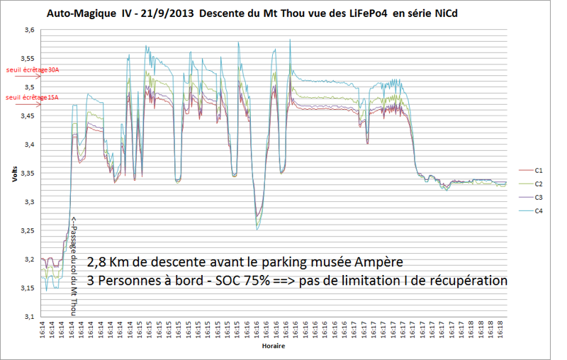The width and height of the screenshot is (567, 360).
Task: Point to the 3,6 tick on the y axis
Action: click(x=29, y=30)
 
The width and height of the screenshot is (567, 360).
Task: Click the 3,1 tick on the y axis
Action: click(x=29, y=316)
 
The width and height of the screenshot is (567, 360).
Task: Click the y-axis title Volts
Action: click(x=13, y=174)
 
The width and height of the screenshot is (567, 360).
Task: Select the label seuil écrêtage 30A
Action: click(x=32, y=70)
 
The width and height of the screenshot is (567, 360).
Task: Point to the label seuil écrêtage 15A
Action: click(x=32, y=98)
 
